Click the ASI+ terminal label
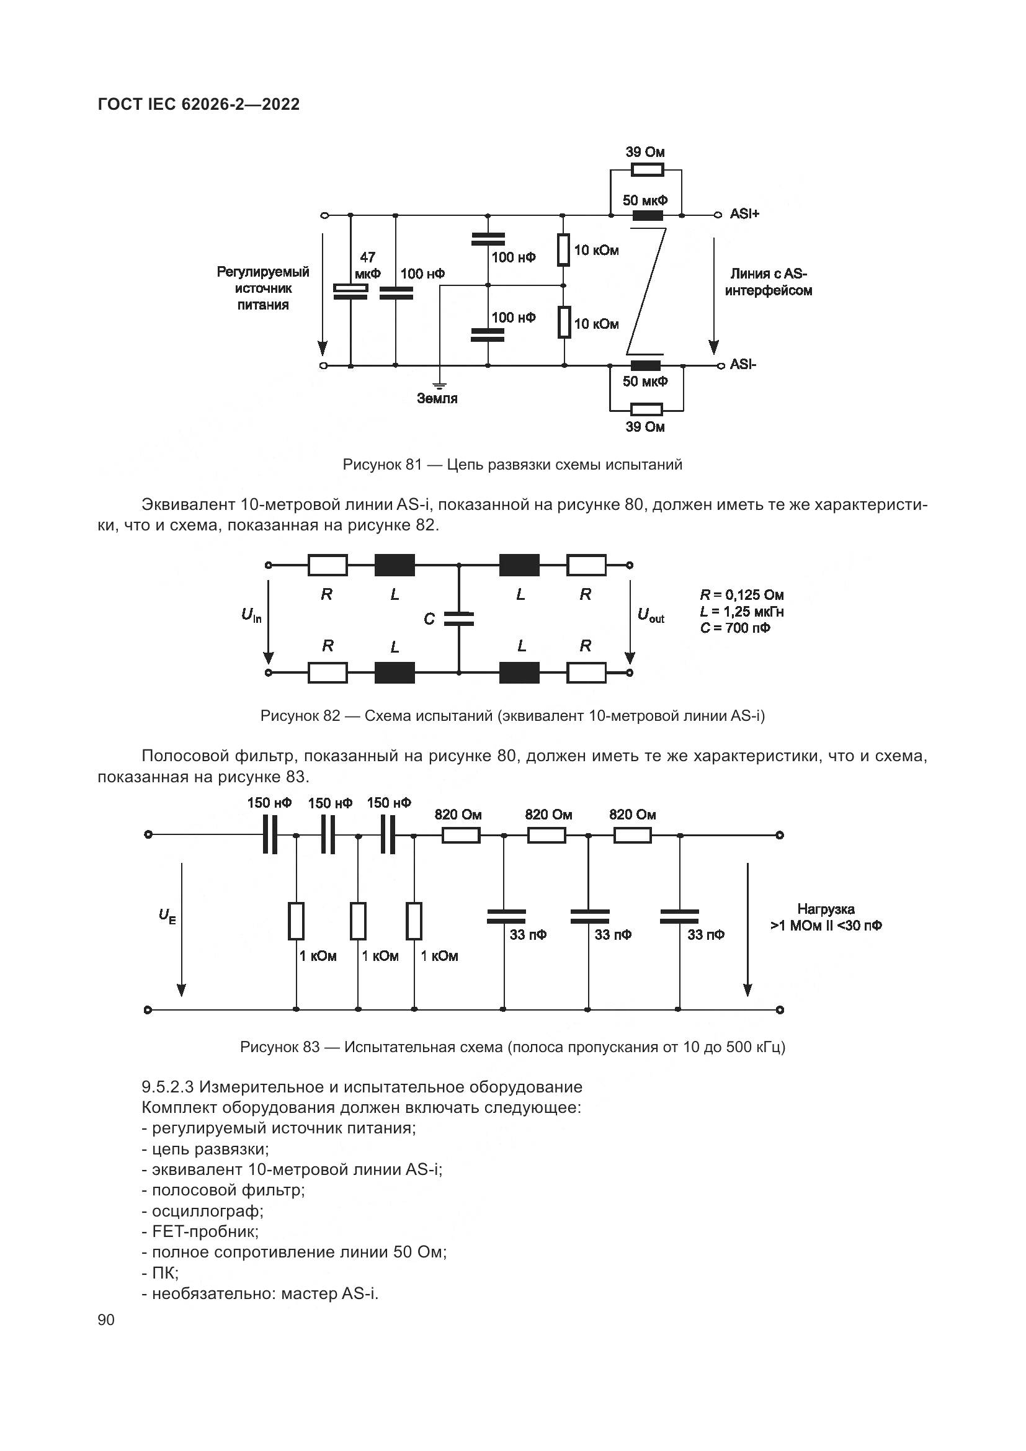pyautogui.click(x=744, y=213)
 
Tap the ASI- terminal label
pyautogui.click(x=743, y=365)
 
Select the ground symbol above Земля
pyautogui.click(x=439, y=384)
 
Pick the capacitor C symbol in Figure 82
pyautogui.click(x=458, y=618)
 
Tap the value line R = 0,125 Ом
pyautogui.click(x=742, y=595)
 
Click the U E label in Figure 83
pyautogui.click(x=167, y=916)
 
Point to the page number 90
pyautogui.click(x=106, y=1320)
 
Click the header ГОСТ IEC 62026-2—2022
pyautogui.click(x=199, y=105)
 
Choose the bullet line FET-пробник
pyautogui.click(x=200, y=1232)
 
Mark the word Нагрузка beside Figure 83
pyautogui.click(x=826, y=909)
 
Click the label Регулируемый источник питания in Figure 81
pyautogui.click(x=263, y=288)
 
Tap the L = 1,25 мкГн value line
pyautogui.click(x=742, y=612)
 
